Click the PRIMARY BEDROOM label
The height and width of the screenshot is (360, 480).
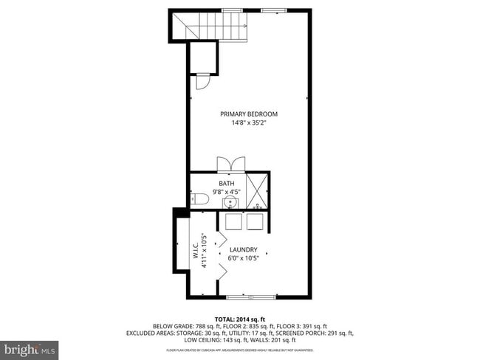point(249,114)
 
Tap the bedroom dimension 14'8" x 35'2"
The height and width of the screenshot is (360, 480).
point(249,123)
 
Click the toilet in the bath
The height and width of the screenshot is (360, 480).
point(198,199)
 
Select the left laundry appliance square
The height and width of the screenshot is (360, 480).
point(233,223)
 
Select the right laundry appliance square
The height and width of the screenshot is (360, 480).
point(256,223)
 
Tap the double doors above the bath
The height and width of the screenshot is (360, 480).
point(228,165)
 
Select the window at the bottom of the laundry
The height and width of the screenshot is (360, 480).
point(248,297)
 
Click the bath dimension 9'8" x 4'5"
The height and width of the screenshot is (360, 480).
point(226,192)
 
